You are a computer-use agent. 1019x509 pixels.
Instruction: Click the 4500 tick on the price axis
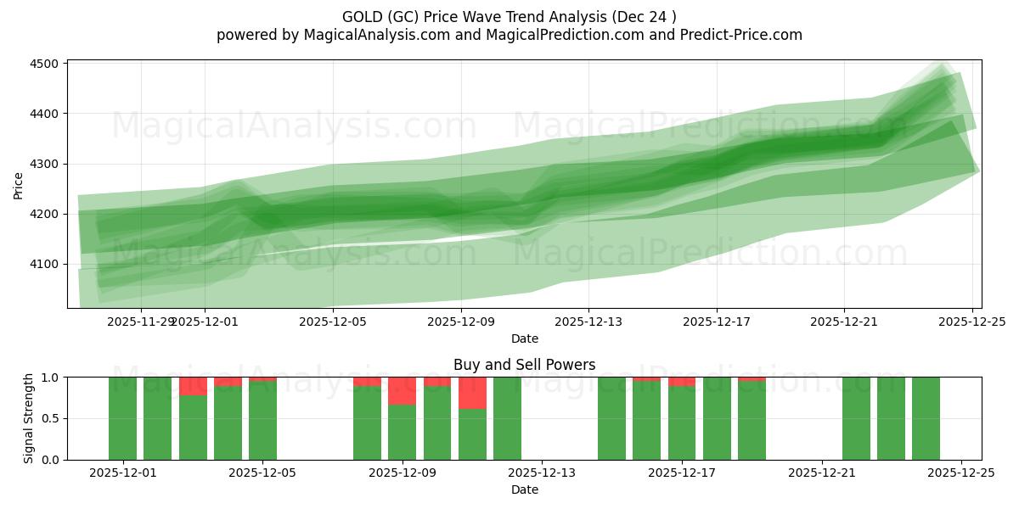click(44, 64)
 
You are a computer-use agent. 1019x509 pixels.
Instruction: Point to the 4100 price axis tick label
click(44, 264)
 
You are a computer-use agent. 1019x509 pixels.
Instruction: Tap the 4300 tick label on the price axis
click(44, 164)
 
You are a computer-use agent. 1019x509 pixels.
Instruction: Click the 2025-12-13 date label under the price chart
click(588, 322)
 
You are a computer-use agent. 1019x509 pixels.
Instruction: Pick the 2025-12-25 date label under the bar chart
click(960, 473)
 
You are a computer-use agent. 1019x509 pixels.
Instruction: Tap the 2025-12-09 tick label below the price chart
click(460, 322)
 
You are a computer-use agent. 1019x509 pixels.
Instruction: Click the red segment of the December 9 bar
click(402, 391)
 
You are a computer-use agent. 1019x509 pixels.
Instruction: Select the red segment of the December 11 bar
click(472, 393)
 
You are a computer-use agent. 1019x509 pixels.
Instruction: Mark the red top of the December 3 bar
click(193, 386)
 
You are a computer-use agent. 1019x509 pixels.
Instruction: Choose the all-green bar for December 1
click(123, 418)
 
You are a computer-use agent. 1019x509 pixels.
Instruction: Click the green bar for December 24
click(926, 418)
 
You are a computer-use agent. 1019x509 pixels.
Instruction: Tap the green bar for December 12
click(507, 418)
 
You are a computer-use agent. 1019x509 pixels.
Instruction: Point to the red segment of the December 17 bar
click(682, 382)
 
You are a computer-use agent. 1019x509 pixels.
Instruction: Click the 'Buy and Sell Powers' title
click(524, 365)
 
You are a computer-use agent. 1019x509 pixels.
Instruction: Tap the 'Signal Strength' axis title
click(29, 418)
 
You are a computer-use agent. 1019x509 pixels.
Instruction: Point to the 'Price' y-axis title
click(19, 184)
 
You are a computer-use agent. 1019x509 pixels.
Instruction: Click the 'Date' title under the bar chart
click(524, 489)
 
